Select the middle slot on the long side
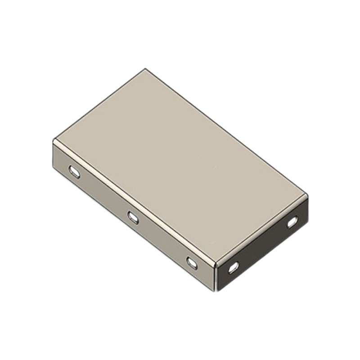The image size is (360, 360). tap(133, 217)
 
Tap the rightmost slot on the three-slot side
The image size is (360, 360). tap(192, 263)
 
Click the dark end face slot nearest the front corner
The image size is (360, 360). tap(234, 268)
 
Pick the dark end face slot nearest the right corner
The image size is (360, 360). tap(292, 221)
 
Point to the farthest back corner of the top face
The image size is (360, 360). tap(145, 69)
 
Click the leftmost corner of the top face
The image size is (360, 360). tap(54, 140)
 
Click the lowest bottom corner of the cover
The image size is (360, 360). tap(217, 291)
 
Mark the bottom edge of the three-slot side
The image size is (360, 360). tap(135, 229)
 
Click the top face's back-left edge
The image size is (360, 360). tap(99, 104)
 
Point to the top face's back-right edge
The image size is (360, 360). tap(226, 132)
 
